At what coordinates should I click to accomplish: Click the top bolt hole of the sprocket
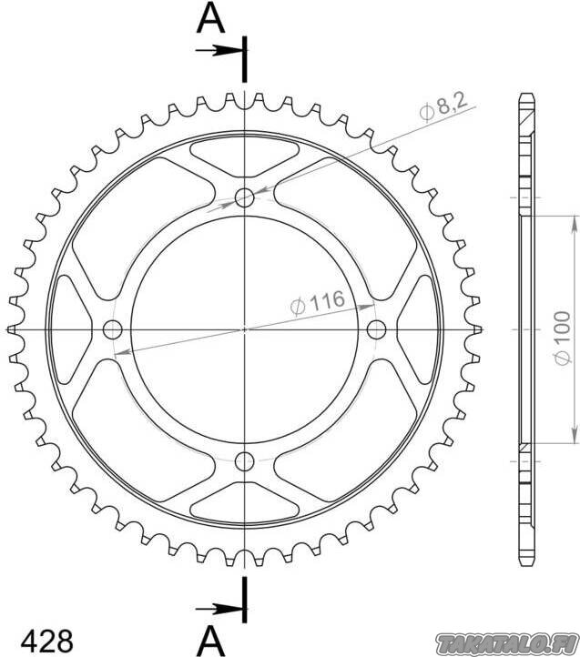click(x=245, y=197)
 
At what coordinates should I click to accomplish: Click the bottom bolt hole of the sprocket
click(x=245, y=462)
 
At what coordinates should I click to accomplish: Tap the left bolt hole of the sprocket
click(x=112, y=329)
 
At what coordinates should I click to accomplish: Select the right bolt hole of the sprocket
click(x=377, y=329)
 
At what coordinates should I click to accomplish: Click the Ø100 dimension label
click(x=561, y=338)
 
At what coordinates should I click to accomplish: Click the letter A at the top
click(x=210, y=20)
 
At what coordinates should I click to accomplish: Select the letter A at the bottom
click(x=211, y=642)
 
